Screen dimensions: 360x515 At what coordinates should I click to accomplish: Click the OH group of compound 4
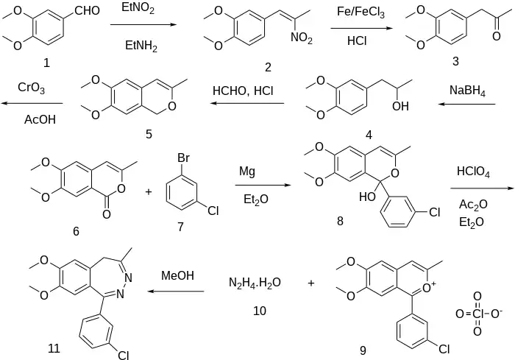click(401, 107)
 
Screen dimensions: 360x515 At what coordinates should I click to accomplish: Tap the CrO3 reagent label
click(31, 88)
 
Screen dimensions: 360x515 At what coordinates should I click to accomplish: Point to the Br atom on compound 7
click(184, 158)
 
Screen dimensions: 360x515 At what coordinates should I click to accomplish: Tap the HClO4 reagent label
click(474, 172)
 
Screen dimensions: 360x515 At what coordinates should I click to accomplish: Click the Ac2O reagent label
click(471, 204)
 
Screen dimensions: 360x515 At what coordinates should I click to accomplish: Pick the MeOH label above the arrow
click(178, 276)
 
